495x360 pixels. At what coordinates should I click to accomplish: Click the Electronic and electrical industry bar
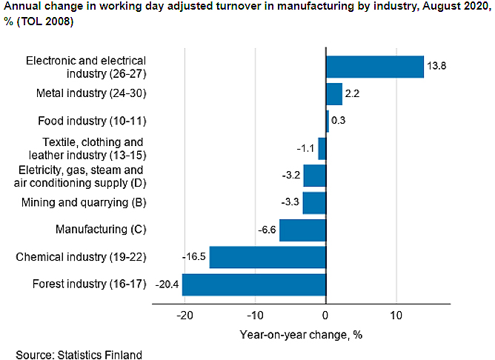[x=374, y=67]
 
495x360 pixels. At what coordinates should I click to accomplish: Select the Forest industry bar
[x=253, y=284]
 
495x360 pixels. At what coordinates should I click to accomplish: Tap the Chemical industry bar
[x=268, y=257]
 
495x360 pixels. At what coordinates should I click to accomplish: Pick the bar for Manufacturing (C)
[x=302, y=230]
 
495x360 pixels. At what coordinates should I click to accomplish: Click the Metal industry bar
[x=333, y=94]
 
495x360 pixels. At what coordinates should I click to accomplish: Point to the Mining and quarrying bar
[x=314, y=202]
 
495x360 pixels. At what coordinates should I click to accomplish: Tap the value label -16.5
[x=194, y=257]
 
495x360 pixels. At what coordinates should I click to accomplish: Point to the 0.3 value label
[x=339, y=121]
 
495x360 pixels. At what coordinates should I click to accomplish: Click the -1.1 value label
[x=305, y=148]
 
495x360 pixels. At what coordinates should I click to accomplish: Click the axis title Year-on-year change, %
[x=300, y=334]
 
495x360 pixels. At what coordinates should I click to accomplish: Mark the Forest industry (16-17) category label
[x=89, y=284]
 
